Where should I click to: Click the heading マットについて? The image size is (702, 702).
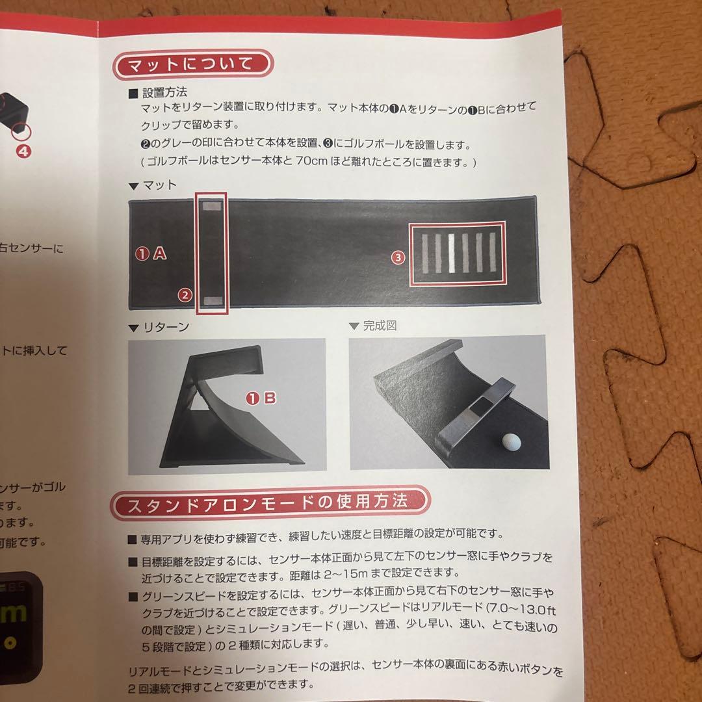pos(193,64)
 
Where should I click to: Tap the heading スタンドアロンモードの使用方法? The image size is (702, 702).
pos(268,502)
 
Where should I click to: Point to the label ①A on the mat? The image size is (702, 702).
pos(151,254)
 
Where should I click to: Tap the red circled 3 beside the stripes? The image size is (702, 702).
pos(398,257)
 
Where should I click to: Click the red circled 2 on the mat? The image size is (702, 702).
pos(185,295)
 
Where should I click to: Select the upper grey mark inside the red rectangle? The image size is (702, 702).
pos(212,206)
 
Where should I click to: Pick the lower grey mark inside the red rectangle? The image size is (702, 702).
pos(212,300)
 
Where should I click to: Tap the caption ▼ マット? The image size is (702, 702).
pos(153,185)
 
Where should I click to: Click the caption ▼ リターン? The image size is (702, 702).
pos(159,327)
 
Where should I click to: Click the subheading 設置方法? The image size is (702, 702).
pos(164,93)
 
